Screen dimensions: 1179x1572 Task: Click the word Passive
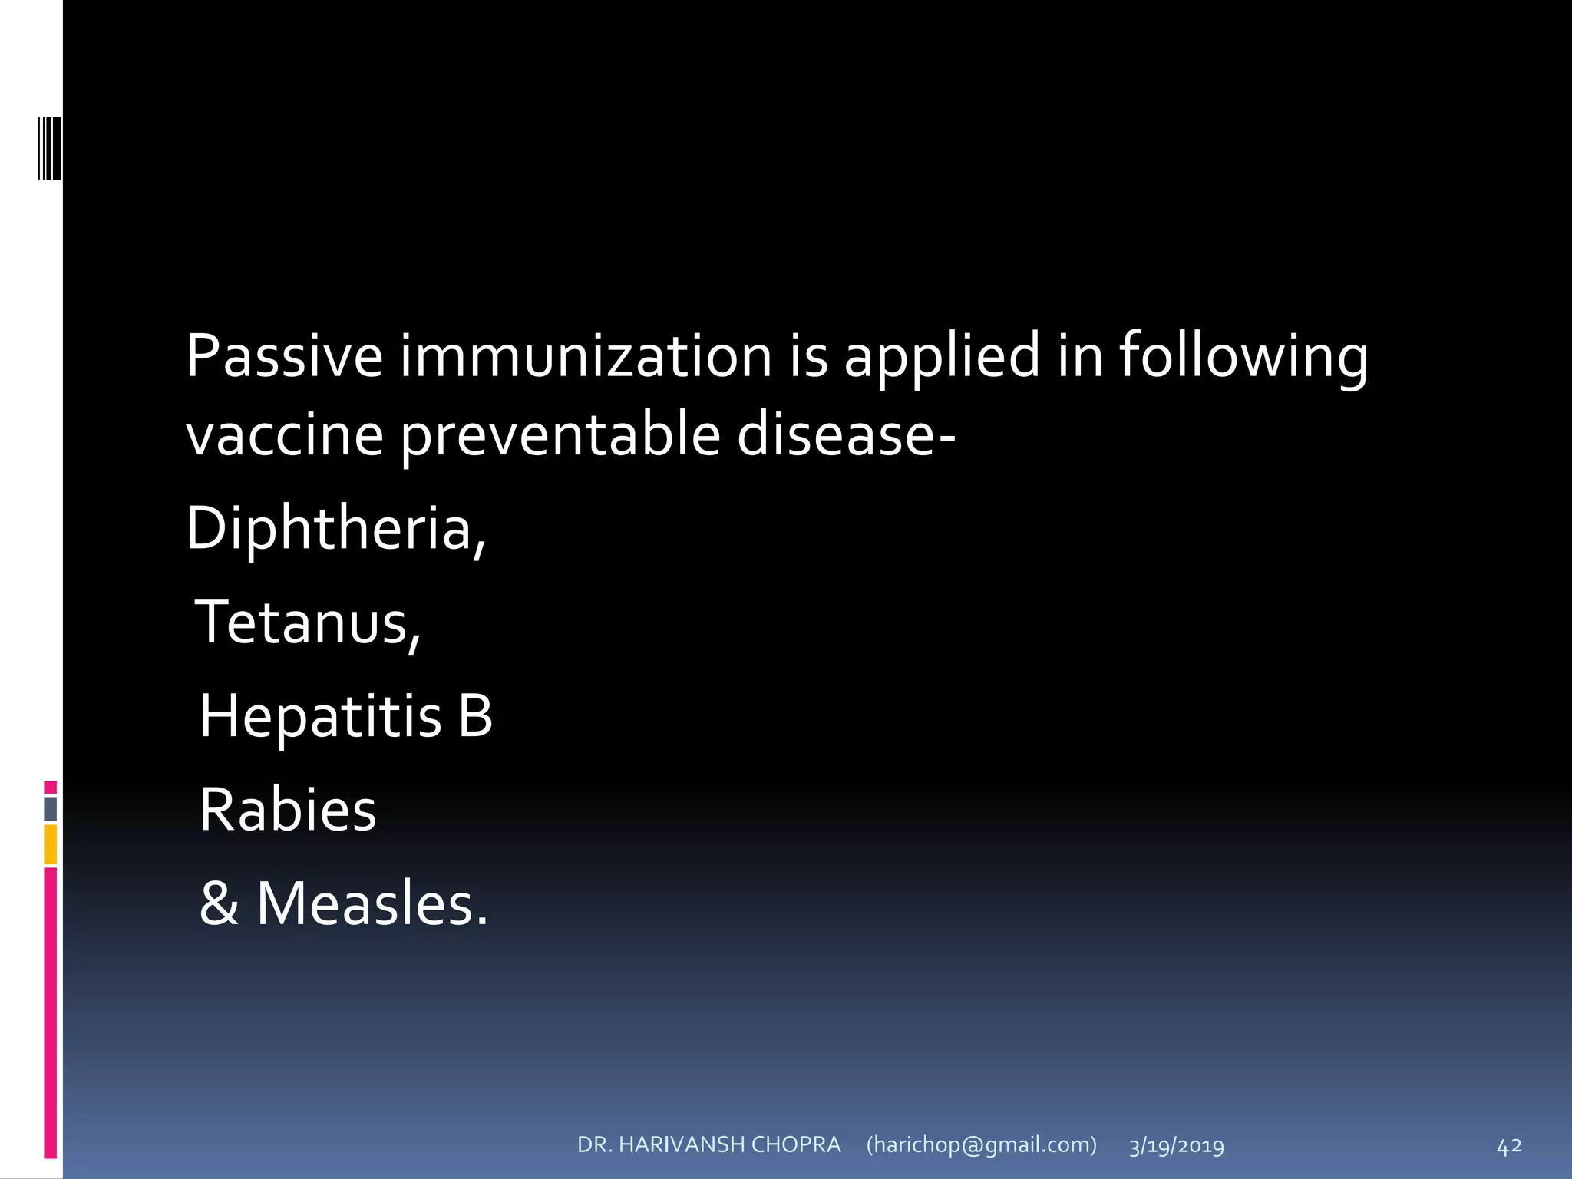coord(284,356)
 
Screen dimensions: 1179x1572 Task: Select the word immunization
coord(586,356)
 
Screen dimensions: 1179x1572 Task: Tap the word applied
coord(942,358)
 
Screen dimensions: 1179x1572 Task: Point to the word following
coord(1243,358)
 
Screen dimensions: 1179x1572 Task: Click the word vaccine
coord(284,435)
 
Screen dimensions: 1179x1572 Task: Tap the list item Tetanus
coord(308,623)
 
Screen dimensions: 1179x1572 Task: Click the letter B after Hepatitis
coord(475,716)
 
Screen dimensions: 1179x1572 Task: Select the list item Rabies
coord(288,810)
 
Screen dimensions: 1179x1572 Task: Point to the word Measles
coord(372,903)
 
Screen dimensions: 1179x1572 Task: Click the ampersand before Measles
coord(219,903)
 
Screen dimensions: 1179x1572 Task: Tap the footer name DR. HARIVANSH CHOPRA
coord(708,1145)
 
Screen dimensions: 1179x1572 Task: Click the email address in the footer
coord(981,1145)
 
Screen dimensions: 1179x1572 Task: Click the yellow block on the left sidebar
coord(51,844)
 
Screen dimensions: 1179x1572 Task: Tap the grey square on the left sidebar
coord(51,808)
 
